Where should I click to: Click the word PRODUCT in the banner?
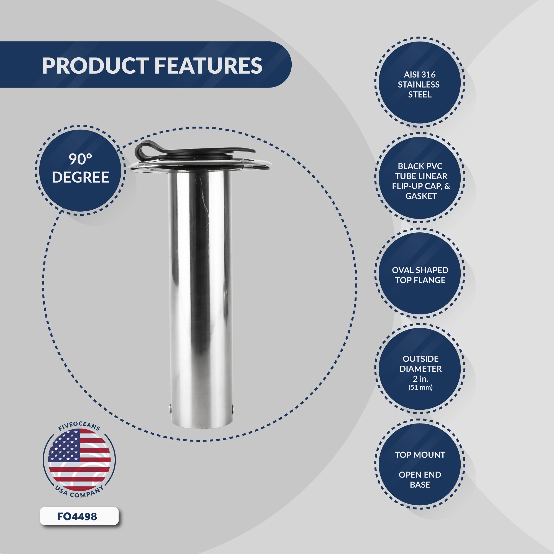(95, 66)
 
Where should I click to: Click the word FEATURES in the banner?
(208, 66)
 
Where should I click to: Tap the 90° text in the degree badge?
(80, 159)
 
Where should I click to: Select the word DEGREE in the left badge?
(80, 177)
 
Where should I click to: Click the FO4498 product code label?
(77, 516)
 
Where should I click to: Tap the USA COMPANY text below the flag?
(79, 493)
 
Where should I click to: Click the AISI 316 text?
(419, 75)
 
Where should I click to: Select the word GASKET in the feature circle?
(421, 196)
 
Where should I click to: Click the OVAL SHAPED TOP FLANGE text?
(420, 275)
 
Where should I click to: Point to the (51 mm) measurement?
(420, 388)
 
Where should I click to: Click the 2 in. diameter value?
(420, 378)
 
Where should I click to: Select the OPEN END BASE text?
(420, 479)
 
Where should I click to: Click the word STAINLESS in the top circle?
(419, 84)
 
